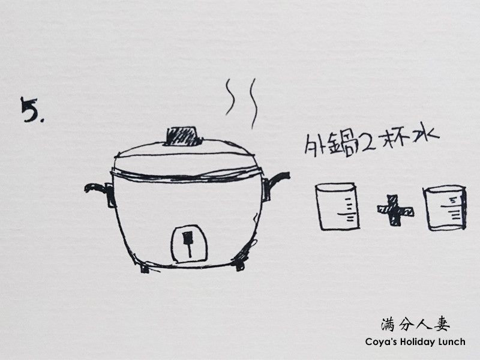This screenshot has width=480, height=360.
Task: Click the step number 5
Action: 30,109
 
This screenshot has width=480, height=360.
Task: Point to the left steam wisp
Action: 229,97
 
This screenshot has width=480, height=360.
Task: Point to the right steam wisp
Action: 253,103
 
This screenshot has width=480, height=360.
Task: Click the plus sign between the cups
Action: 395,211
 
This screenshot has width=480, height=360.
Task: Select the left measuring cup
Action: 337,206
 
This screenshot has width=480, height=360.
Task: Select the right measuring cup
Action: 445,208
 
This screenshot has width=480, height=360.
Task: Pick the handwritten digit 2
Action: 367,143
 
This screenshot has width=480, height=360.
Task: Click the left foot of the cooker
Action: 145,268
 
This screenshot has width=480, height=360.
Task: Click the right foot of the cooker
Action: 241,265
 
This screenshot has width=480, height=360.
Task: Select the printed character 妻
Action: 442,325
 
